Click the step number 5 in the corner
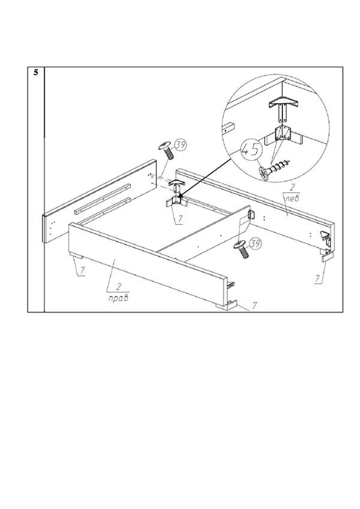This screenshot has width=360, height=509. pyautogui.click(x=36, y=72)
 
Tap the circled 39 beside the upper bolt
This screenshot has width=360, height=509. pyautogui.click(x=181, y=145)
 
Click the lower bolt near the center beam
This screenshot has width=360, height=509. pyautogui.click(x=241, y=249)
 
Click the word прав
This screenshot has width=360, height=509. pyautogui.click(x=118, y=298)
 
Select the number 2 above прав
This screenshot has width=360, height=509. pyautogui.click(x=118, y=287)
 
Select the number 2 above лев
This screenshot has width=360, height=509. pyautogui.click(x=292, y=188)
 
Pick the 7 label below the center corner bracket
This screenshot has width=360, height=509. pyautogui.click(x=180, y=219)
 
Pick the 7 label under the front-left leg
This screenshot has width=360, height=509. pyautogui.click(x=82, y=270)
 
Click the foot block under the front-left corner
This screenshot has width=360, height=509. pyautogui.click(x=76, y=255)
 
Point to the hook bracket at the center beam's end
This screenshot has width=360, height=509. pyautogui.click(x=252, y=215)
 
